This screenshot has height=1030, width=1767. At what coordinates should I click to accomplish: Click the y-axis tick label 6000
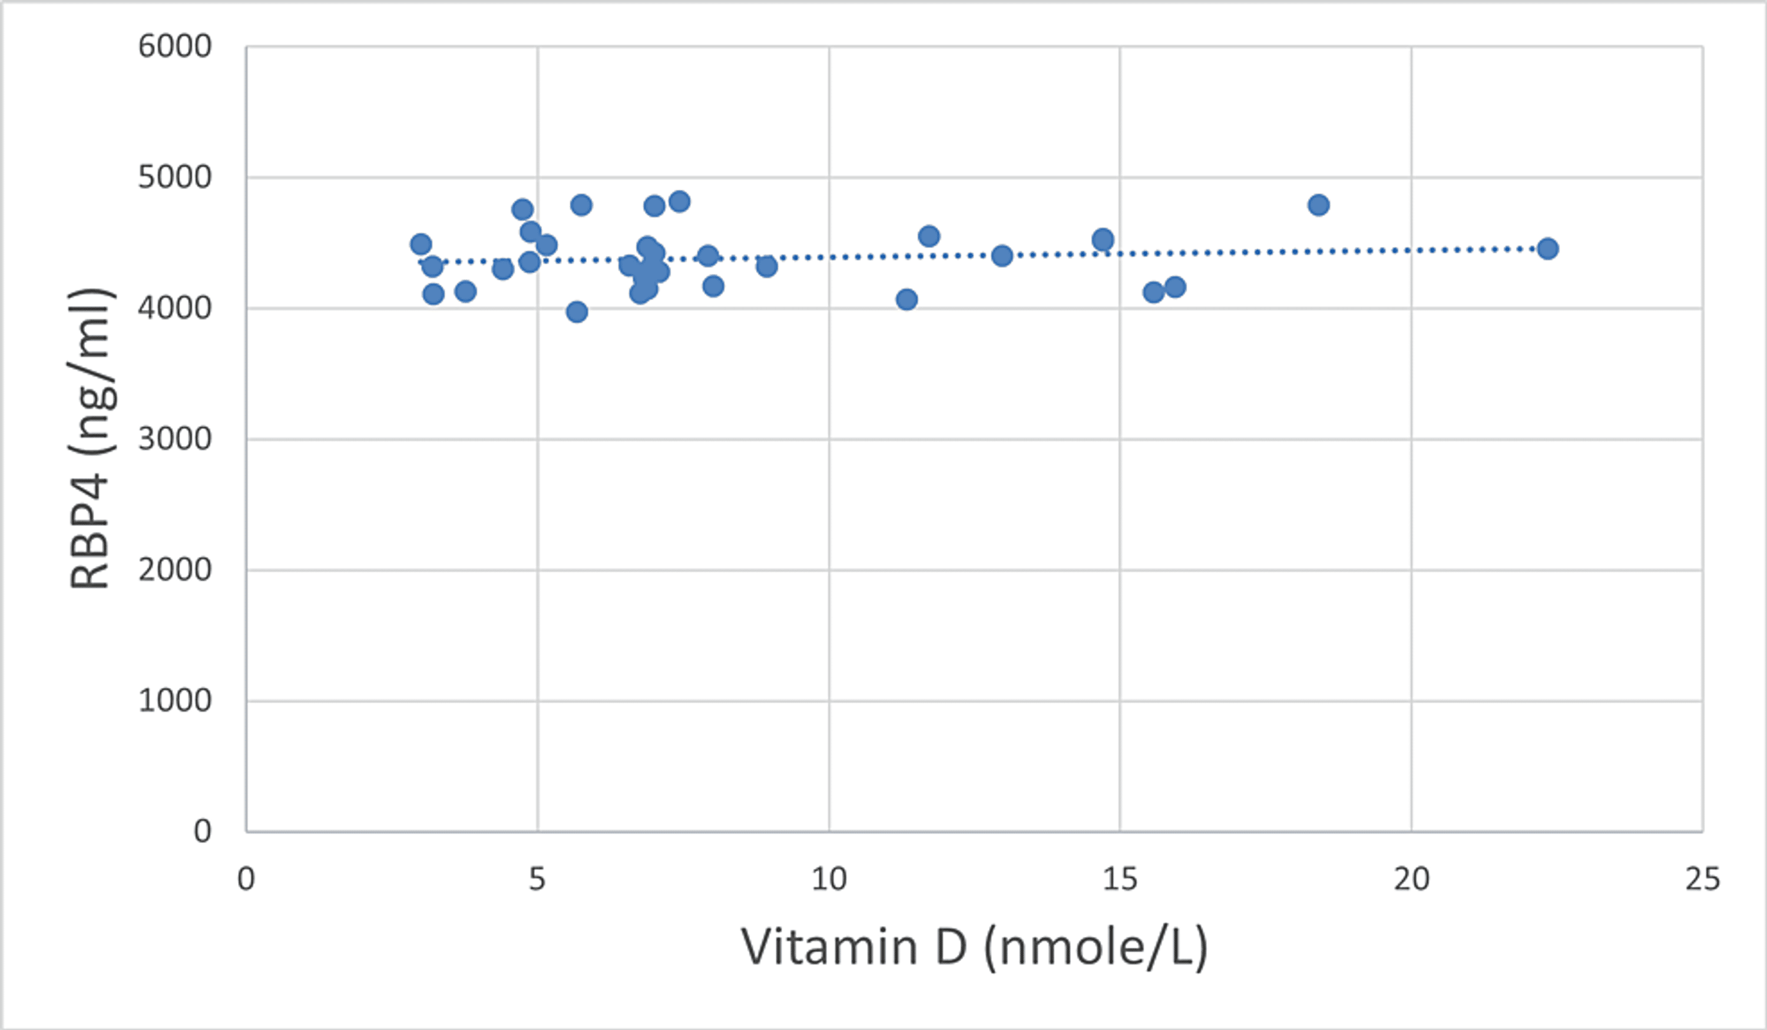pos(174,47)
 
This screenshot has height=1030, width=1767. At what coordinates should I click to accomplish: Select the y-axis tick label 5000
pos(174,177)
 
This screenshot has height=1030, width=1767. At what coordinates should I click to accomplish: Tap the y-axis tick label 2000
pos(174,570)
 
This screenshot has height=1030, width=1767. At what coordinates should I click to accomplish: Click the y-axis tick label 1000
pos(174,700)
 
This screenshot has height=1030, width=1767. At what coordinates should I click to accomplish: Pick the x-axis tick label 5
pos(537,879)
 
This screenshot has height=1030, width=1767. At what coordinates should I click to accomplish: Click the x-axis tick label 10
pos(829,879)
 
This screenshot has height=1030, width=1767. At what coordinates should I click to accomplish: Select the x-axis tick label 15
pos(1120,879)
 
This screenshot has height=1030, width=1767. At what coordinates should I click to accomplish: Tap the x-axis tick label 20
pos(1411,879)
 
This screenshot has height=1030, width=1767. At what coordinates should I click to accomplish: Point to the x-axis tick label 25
pos(1702,879)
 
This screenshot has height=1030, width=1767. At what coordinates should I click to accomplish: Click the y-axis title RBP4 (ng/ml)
pos(91,439)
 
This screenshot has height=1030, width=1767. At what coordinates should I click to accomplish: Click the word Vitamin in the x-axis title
pos(829,946)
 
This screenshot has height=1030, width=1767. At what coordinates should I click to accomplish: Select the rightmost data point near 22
pos(1547,248)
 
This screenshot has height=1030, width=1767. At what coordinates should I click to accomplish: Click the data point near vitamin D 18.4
pos(1318,205)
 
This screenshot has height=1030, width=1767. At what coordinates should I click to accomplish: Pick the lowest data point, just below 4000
pos(577,312)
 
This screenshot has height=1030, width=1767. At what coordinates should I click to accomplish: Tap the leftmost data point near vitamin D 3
pos(421,244)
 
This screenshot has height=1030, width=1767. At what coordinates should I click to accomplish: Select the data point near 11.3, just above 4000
pos(906,299)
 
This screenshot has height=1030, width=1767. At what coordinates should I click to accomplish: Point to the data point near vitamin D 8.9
pos(766,266)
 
